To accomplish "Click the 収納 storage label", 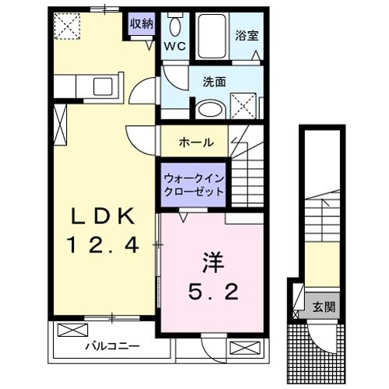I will (x=141, y=23).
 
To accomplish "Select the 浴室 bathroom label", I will (x=247, y=34).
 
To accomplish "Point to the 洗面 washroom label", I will (x=215, y=81).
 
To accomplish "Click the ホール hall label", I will (x=194, y=143).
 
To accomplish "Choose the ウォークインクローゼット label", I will (x=194, y=184).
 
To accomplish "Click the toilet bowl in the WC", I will (x=173, y=26).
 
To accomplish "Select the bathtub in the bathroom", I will (x=211, y=35).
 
